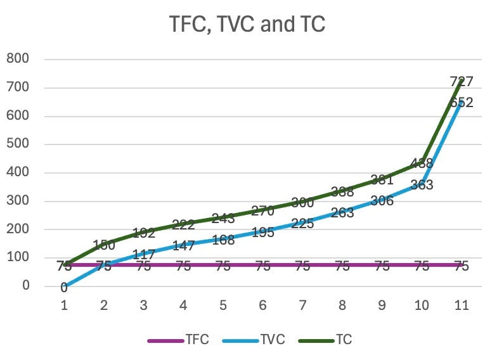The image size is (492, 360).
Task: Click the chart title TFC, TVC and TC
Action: point(247,23)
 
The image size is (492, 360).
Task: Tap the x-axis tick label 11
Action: point(462,305)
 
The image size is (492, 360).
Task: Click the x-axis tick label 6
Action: point(262,305)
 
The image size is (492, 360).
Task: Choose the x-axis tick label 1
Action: point(64,305)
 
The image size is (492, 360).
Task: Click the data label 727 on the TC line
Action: point(462,81)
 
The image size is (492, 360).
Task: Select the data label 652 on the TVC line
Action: point(462,102)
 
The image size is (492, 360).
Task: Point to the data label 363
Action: point(422,185)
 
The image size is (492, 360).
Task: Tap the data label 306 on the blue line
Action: point(382,201)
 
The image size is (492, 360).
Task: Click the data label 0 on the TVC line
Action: point(64,288)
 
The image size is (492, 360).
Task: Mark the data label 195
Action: point(262,233)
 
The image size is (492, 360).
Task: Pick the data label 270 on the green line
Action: point(262,210)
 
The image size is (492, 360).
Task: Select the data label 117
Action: point(144,254)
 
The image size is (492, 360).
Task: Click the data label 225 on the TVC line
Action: point(302,223)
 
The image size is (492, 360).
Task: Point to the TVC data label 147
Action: point(183,245)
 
